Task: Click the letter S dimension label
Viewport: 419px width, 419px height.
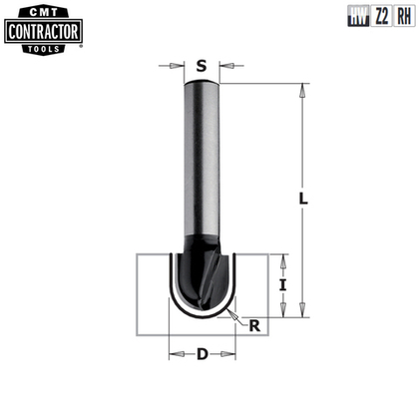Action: [202, 68]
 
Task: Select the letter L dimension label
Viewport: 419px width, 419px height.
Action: [302, 199]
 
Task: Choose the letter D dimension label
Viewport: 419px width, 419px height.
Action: [202, 353]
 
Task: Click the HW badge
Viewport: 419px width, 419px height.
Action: [356, 16]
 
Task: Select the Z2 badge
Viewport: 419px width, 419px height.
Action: [379, 16]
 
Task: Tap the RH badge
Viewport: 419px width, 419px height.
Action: [402, 16]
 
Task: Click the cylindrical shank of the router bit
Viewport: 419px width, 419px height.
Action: [202, 160]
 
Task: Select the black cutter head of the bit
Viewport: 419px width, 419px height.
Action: [202, 274]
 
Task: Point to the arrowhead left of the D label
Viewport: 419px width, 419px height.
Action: [175, 353]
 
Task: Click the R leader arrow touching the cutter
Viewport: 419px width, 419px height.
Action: [232, 314]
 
